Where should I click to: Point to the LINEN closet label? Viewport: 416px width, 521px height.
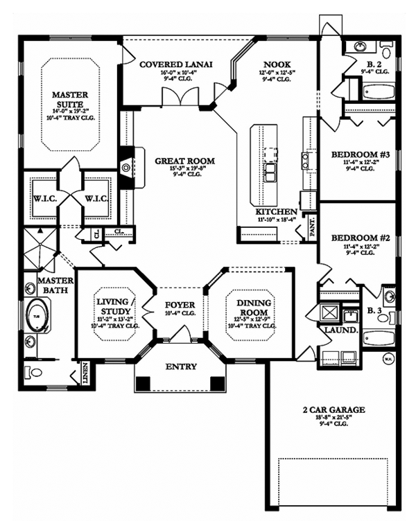[85, 372]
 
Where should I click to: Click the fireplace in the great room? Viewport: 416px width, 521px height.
[126, 166]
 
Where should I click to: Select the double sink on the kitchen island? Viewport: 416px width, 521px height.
[268, 168]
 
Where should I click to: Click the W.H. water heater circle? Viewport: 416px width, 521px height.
[388, 358]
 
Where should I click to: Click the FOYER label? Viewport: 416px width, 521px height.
[180, 305]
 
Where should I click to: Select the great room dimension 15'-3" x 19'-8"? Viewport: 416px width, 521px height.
[184, 170]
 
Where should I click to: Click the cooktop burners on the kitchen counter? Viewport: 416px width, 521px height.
[306, 161]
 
